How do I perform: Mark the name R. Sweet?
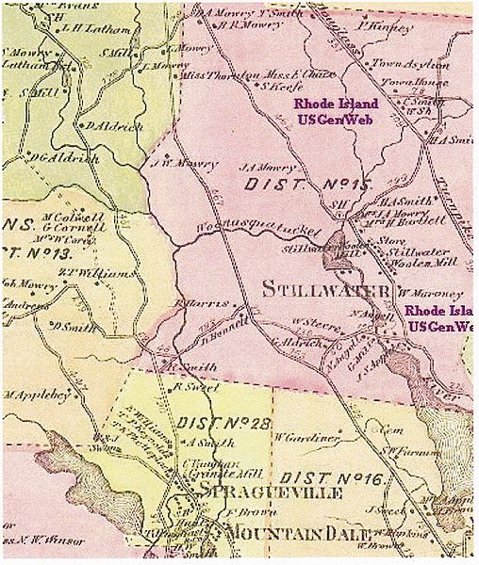point(193,386)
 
